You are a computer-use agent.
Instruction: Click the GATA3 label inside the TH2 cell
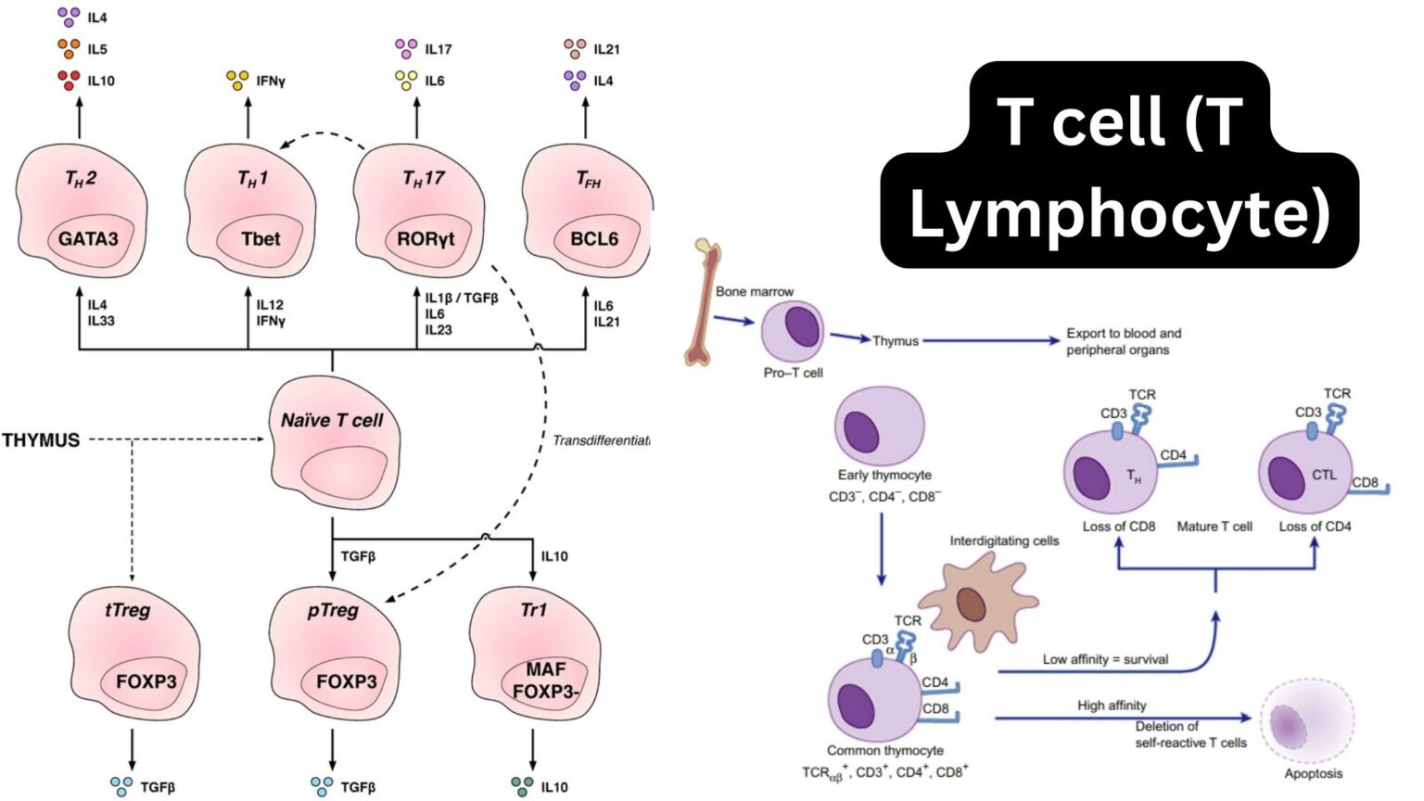[x=88, y=239]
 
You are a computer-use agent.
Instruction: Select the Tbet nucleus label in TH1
[x=261, y=239]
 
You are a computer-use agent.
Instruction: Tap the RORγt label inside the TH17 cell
[x=426, y=239]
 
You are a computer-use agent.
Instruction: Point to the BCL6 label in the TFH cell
[x=594, y=239]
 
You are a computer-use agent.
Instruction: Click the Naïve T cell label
[x=332, y=420]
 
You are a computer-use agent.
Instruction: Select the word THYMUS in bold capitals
[x=41, y=440]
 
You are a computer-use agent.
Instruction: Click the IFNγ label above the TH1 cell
[x=270, y=82]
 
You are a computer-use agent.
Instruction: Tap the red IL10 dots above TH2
[x=69, y=81]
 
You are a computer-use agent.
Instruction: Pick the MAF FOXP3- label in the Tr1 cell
[x=545, y=680]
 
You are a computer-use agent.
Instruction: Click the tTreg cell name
[x=128, y=610]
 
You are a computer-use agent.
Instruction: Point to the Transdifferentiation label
[x=601, y=440]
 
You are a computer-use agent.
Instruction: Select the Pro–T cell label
[x=793, y=373]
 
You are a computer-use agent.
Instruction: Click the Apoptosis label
[x=1313, y=773]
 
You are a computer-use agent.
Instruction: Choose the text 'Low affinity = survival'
[x=1105, y=659]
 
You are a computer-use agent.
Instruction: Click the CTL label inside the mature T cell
[x=1324, y=475]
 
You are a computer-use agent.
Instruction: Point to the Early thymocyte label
[x=884, y=475]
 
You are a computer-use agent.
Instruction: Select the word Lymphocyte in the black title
[x=1120, y=214]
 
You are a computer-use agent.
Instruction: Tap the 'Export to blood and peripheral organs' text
[x=1124, y=341]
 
